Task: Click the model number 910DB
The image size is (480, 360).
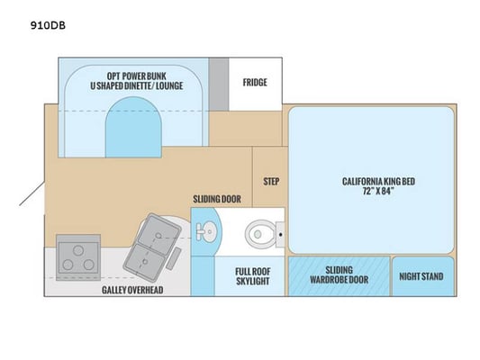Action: pyautogui.click(x=48, y=25)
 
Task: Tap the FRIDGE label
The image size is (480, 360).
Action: pyautogui.click(x=255, y=82)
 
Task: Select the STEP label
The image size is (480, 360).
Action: pyautogui.click(x=271, y=182)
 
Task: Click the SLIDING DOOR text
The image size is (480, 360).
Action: pyautogui.click(x=217, y=199)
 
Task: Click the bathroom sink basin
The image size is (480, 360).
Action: pyautogui.click(x=209, y=231)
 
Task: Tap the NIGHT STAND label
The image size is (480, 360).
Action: pyautogui.click(x=421, y=276)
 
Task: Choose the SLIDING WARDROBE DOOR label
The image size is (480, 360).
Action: pyautogui.click(x=340, y=274)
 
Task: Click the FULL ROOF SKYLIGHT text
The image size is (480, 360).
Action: pyautogui.click(x=253, y=276)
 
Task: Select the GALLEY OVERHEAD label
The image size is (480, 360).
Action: pyautogui.click(x=132, y=290)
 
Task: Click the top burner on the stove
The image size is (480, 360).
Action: pyautogui.click(x=78, y=250)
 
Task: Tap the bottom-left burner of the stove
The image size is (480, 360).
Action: pyautogui.click(x=68, y=265)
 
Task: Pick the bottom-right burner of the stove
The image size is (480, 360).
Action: pyautogui.click(x=89, y=265)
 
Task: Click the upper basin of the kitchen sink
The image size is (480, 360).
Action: pyautogui.click(x=158, y=234)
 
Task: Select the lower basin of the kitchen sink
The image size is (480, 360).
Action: pyautogui.click(x=144, y=262)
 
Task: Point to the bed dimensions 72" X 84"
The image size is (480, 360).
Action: pyautogui.click(x=378, y=191)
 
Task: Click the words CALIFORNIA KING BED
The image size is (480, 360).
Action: pyautogui.click(x=378, y=182)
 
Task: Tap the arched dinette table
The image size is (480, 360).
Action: pyautogui.click(x=133, y=127)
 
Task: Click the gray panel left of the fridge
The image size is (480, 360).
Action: pyautogui.click(x=219, y=84)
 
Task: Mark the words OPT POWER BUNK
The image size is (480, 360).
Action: pyautogui.click(x=137, y=76)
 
